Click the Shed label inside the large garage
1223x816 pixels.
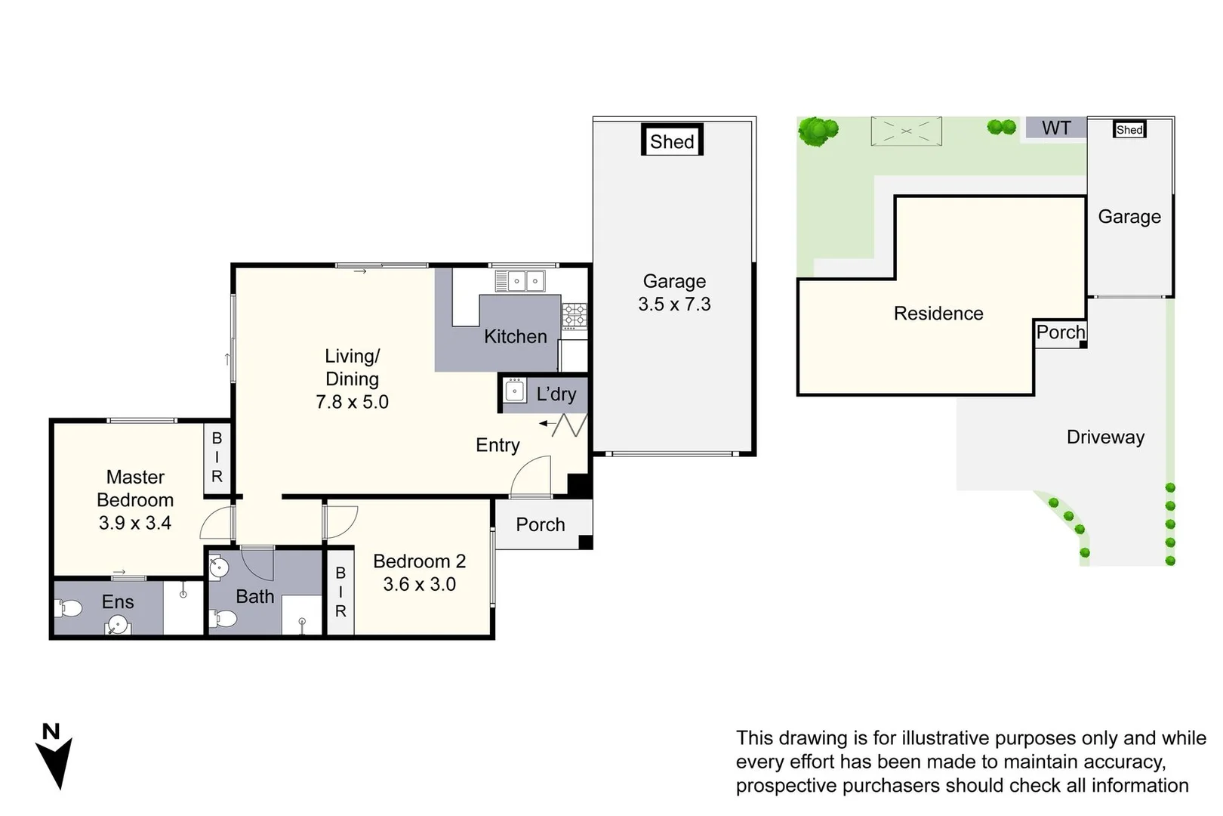672,141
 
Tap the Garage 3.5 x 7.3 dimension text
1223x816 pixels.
674,304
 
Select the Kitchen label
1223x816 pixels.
515,336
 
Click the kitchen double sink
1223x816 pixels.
525,281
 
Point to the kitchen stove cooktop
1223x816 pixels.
574,315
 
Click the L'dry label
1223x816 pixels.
556,394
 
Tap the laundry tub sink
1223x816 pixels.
515,391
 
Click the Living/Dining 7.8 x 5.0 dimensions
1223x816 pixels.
352,401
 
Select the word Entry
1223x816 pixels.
498,445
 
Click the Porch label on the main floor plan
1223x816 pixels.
540,524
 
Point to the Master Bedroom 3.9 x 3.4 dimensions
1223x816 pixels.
135,523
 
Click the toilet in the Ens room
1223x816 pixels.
69,607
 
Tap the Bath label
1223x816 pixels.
254,596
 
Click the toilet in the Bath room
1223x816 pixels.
225,619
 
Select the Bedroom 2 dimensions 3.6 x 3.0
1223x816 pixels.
419,584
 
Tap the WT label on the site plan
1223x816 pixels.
1056,128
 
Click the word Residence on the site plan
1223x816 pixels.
938,314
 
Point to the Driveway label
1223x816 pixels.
1105,437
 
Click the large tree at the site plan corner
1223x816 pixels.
817,131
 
